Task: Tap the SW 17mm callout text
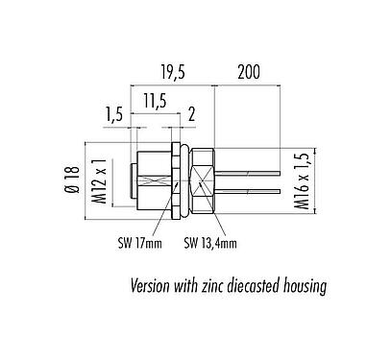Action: click(130, 243)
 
